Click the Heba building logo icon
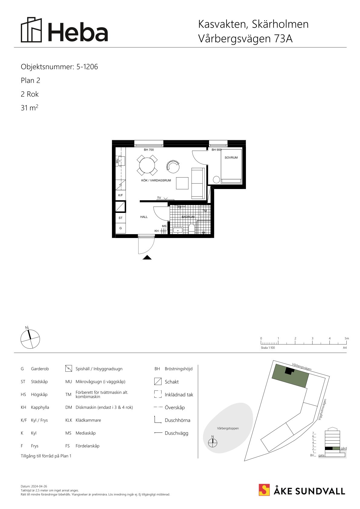31,30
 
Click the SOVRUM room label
231,158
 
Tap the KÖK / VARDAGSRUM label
156,181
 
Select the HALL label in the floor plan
144,217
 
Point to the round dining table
147,165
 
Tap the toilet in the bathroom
191,229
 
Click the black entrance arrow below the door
147,257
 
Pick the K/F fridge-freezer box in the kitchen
120,195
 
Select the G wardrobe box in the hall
120,228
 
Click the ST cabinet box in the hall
120,218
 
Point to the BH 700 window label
149,150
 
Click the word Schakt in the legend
172,382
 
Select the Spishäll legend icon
69,369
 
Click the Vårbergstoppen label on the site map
228,428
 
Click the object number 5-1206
87,67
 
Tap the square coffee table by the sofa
182,183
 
